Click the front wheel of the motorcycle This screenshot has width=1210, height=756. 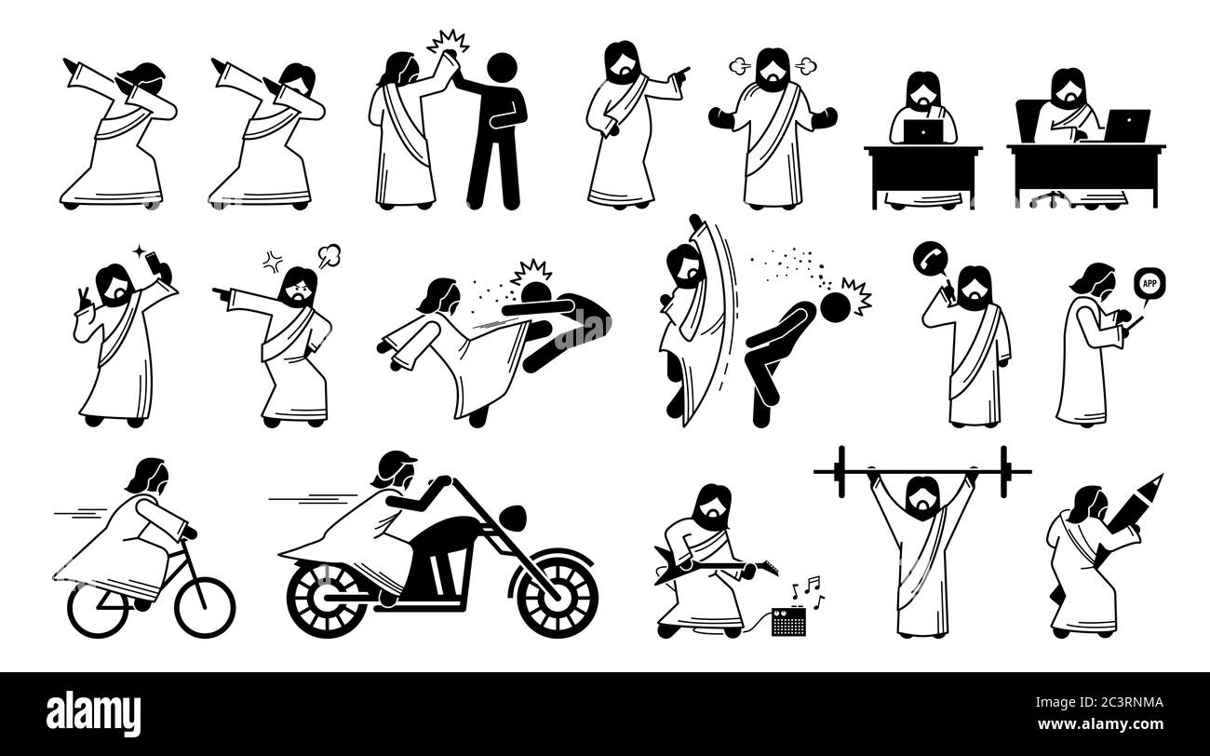point(557,593)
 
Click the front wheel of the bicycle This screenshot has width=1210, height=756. point(205,607)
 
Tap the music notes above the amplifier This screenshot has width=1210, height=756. point(806,587)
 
